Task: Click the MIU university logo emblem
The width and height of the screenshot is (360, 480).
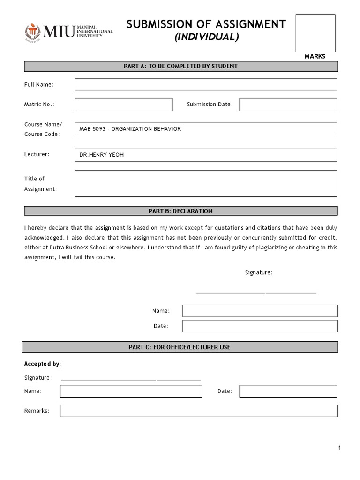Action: [x=33, y=32]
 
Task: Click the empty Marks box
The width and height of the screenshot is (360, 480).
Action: [x=315, y=33]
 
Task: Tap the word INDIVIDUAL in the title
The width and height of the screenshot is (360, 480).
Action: [x=207, y=37]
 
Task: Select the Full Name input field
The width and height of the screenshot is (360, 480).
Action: [x=206, y=84]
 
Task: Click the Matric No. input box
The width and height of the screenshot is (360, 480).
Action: [x=123, y=105]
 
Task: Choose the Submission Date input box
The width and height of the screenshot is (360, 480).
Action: [x=288, y=105]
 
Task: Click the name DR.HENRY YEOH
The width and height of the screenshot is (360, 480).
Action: [x=102, y=155]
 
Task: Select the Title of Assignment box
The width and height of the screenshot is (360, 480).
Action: [x=206, y=183]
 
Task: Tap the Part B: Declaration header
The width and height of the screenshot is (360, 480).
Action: [x=180, y=211]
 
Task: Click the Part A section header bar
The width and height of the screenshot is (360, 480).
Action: [x=180, y=66]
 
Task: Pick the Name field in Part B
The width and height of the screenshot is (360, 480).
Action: [x=260, y=311]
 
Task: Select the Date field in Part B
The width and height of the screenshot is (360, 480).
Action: [x=260, y=326]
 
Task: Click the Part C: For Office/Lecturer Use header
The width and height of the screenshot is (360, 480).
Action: [x=180, y=347]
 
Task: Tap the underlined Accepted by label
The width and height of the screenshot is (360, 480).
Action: [x=43, y=364]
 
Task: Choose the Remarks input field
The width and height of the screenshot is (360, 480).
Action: [x=198, y=411]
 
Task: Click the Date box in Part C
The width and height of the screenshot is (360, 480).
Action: [x=288, y=391]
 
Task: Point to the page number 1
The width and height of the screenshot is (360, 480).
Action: [x=340, y=448]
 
